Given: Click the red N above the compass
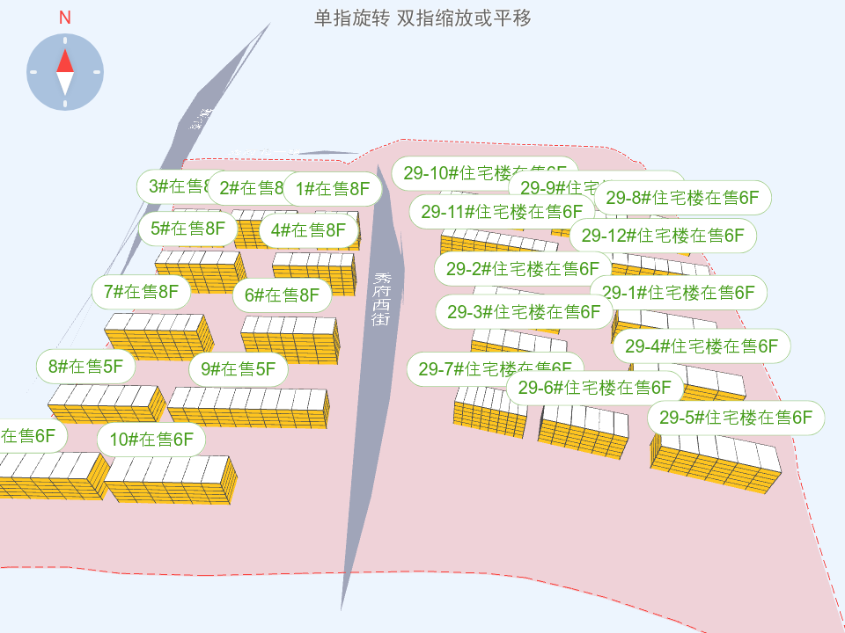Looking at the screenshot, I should pyautogui.click(x=65, y=18).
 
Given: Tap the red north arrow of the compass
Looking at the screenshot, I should pyautogui.click(x=65, y=60).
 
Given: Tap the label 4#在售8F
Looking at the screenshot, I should pyautogui.click(x=309, y=230).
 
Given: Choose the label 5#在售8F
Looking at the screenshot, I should pyautogui.click(x=188, y=229).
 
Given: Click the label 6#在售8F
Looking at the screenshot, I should pyautogui.click(x=282, y=295).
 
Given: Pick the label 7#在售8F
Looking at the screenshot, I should pyautogui.click(x=141, y=292).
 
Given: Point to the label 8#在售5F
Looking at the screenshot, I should pyautogui.click(x=85, y=366).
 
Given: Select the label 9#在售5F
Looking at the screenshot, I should pyautogui.click(x=238, y=369).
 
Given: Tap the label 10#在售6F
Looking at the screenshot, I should pyautogui.click(x=151, y=440).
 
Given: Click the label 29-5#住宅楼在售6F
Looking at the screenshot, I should pyautogui.click(x=736, y=418).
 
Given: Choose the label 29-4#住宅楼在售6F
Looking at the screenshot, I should pyautogui.click(x=702, y=346).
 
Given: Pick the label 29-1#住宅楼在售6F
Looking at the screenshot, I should pyautogui.click(x=678, y=292).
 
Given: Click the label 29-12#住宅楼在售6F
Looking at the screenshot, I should pyautogui.click(x=663, y=235).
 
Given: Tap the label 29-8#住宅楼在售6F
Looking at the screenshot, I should pyautogui.click(x=683, y=198).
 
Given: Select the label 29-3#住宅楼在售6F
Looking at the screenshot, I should pyautogui.click(x=524, y=311).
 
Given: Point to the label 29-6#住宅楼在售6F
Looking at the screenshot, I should pyautogui.click(x=595, y=387).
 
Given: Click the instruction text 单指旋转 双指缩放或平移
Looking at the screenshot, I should pyautogui.click(x=422, y=18).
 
